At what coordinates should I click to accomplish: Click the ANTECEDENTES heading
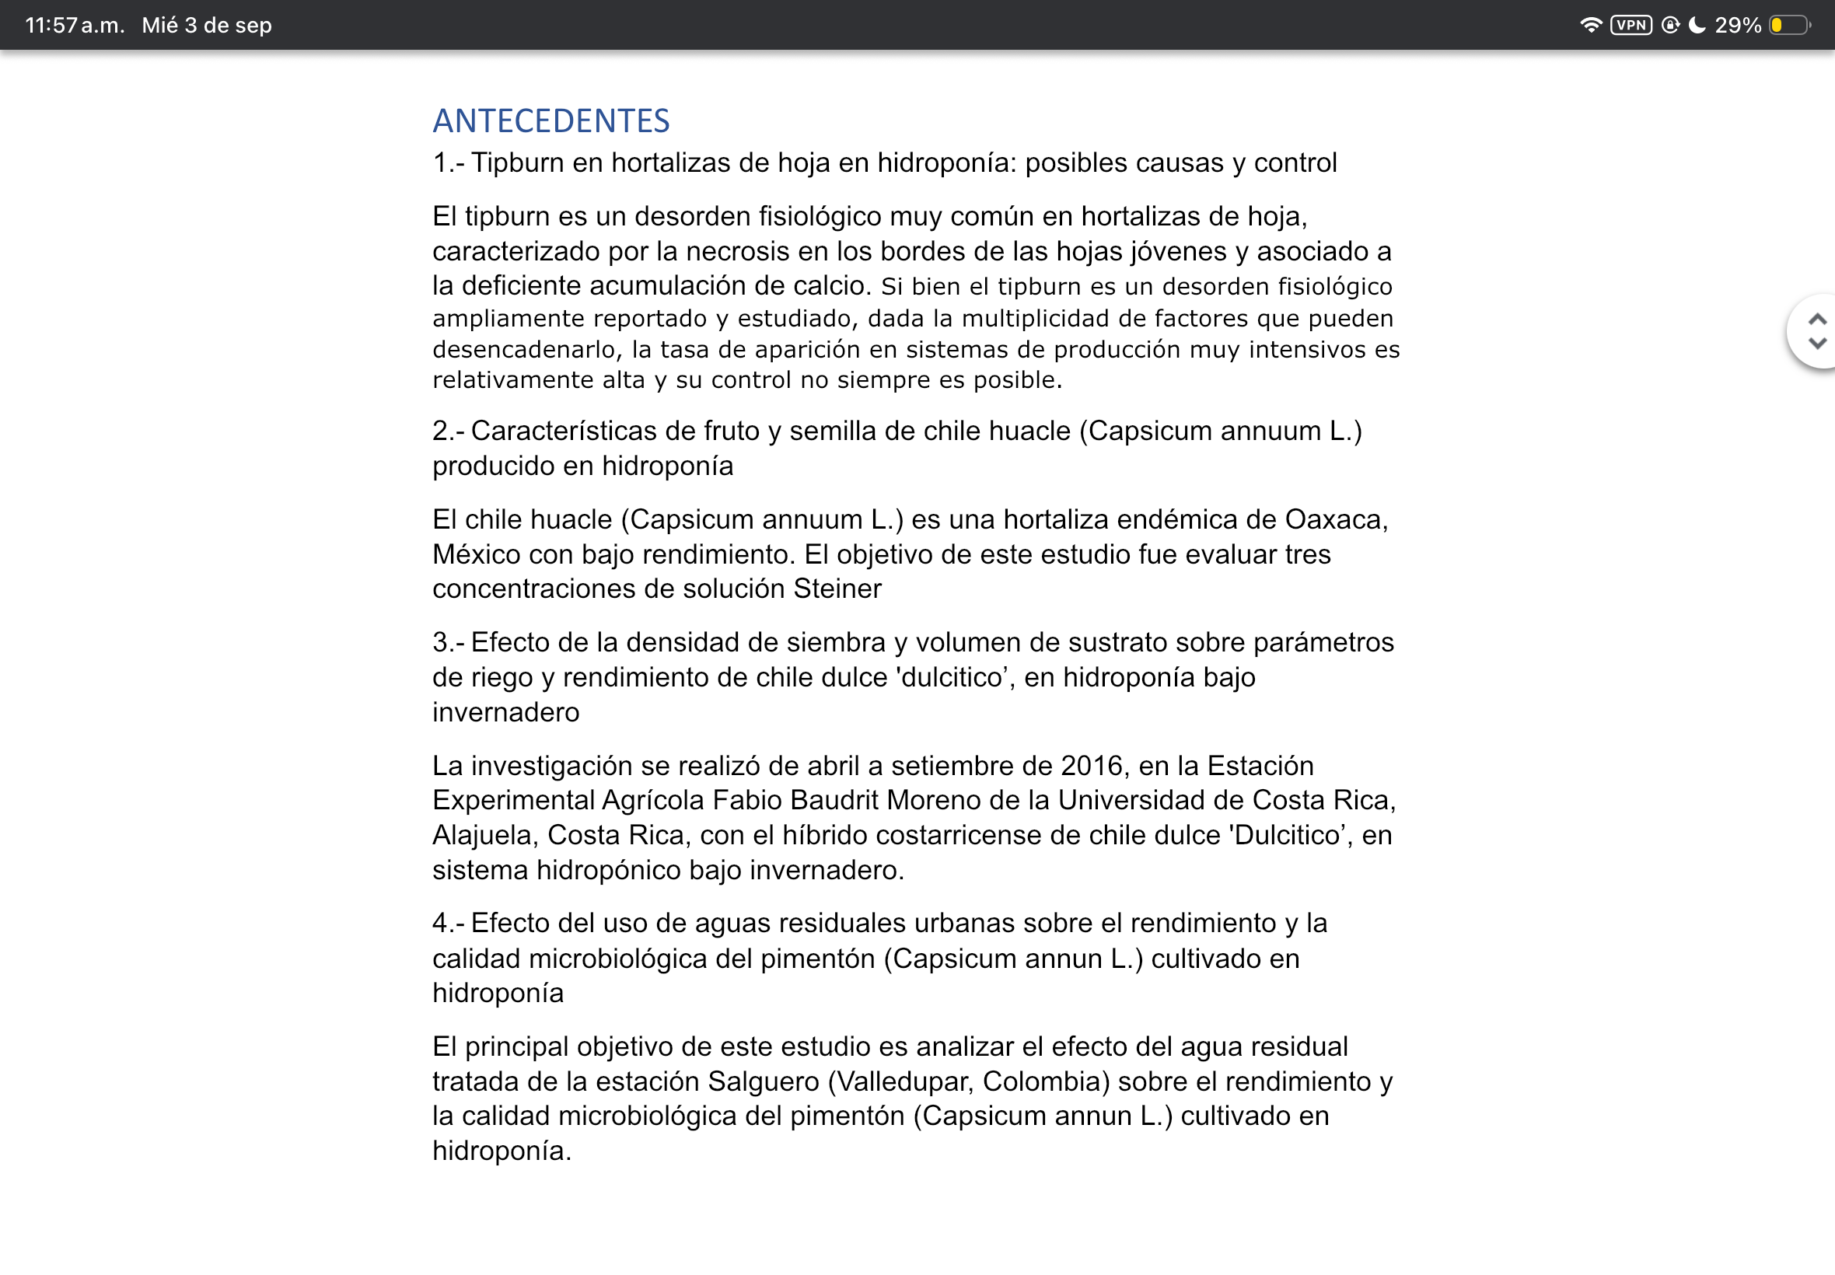tap(550, 121)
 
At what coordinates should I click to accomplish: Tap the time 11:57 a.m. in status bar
tap(75, 26)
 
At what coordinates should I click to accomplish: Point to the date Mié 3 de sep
tap(207, 26)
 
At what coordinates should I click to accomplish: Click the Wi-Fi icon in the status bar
tap(1591, 25)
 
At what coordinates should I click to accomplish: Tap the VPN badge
tap(1631, 25)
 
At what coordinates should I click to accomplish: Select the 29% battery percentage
tap(1738, 26)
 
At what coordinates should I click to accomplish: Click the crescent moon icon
tap(1697, 25)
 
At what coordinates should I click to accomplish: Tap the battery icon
tap(1789, 26)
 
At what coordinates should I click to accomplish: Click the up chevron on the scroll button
tap(1817, 320)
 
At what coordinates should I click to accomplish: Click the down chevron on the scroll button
tap(1817, 344)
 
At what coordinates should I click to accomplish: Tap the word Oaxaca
tap(1336, 519)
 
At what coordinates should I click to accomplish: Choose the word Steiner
tap(837, 589)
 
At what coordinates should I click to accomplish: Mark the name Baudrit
tap(834, 800)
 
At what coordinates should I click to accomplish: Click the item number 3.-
tap(447, 642)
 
